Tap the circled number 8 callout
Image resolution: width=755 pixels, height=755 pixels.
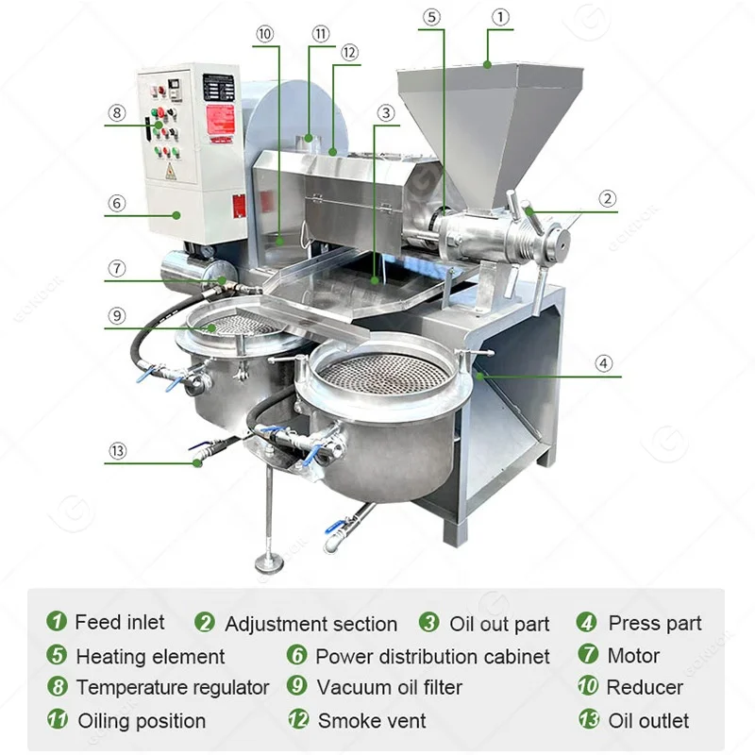tap(117, 112)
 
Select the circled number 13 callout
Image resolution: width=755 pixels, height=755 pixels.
tap(117, 451)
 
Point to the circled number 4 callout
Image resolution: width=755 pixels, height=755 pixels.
tap(604, 362)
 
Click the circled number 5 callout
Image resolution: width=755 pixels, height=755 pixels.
tap(432, 16)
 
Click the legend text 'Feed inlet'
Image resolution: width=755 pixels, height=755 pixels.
tap(119, 623)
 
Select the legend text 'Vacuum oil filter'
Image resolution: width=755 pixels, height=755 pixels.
tap(389, 687)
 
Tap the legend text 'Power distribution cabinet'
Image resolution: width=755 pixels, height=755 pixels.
tap(432, 656)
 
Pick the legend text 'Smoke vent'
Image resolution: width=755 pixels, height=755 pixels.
tap(372, 721)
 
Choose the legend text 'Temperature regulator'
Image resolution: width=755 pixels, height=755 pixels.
tap(173, 687)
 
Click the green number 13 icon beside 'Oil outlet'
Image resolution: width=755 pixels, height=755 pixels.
tap(589, 721)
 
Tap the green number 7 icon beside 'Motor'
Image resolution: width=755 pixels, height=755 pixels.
tap(589, 655)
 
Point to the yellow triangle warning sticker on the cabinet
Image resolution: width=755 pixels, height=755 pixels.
tap(171, 172)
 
